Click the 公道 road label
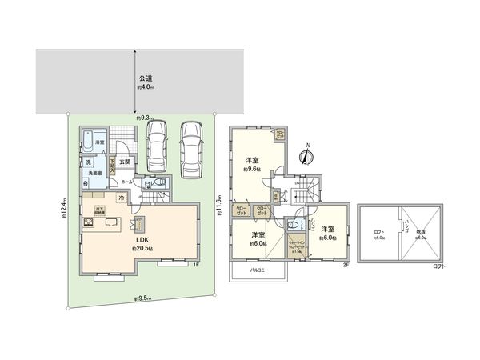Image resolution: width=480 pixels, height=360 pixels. [144, 78]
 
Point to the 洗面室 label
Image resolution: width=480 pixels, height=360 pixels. [97, 173]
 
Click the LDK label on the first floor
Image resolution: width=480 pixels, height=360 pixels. [141, 239]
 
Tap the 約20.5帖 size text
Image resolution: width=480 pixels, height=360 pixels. [142, 248]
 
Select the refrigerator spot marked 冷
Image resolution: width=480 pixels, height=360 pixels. [121, 198]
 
